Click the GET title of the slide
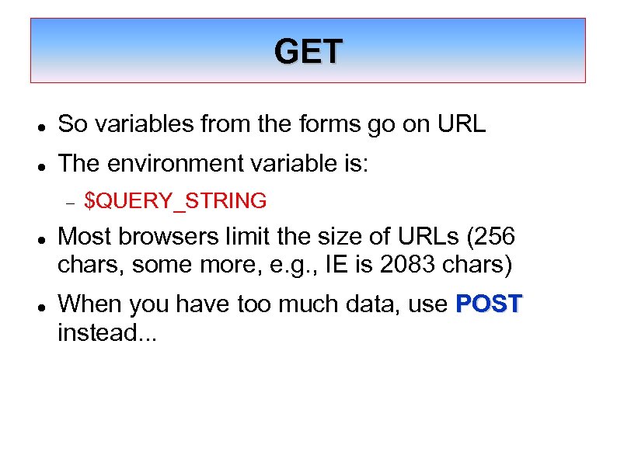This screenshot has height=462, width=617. pos(308,52)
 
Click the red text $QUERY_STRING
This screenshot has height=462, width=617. pos(175,202)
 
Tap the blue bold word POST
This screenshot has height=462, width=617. pos(490,304)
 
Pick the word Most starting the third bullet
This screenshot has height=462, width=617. pos(83,236)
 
